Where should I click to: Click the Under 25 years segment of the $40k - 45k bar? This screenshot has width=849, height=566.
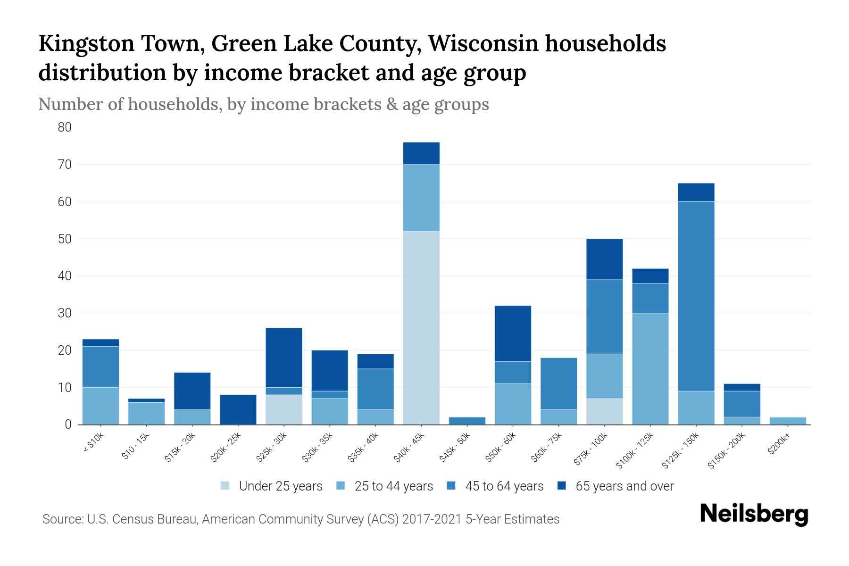[x=421, y=328]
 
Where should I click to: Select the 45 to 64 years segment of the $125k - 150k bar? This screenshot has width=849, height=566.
[x=696, y=296]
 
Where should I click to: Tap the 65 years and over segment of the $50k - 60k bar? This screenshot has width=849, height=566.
[x=513, y=333]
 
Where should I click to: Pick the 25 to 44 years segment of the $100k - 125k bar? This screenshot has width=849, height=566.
[x=650, y=368]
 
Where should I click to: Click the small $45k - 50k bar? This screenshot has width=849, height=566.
[x=467, y=421]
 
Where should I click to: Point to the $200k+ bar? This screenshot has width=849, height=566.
[x=787, y=421]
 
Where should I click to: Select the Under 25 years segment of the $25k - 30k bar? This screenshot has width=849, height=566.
[x=284, y=409]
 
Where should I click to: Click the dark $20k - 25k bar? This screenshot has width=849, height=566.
[x=238, y=409]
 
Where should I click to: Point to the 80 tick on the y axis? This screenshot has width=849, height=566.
[x=65, y=127]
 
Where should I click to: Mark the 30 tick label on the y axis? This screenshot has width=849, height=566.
[x=65, y=313]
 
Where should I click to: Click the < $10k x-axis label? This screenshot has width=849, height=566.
[x=93, y=443]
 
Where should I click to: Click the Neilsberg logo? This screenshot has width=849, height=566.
[x=754, y=514]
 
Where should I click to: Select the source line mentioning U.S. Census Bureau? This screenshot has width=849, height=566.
[x=300, y=519]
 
